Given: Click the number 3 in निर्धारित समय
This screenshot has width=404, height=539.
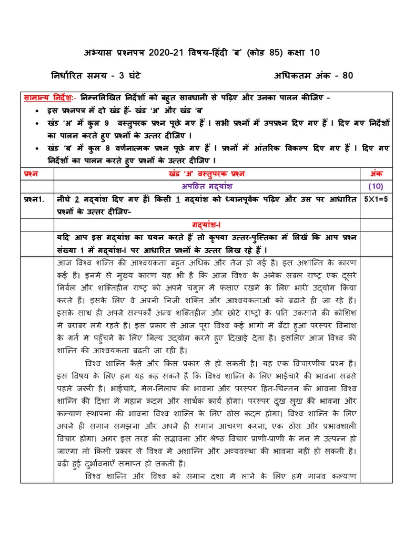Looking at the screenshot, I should pos(125,75).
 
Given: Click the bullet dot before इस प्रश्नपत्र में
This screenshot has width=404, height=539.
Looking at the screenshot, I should pos(35,112).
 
